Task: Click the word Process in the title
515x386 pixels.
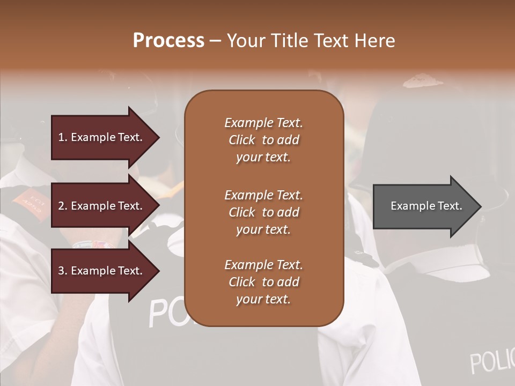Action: (168, 41)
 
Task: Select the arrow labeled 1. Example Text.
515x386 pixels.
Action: (102, 137)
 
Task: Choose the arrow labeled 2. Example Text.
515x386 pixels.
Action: (102, 206)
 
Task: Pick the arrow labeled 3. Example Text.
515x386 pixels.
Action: (102, 271)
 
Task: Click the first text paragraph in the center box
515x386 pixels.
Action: (263, 140)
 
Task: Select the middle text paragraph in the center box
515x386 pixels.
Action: (263, 212)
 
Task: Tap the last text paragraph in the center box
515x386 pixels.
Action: (263, 282)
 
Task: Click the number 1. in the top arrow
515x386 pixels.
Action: (62, 137)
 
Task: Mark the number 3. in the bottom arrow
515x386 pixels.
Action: (62, 271)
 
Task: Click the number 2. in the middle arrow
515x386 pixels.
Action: (62, 206)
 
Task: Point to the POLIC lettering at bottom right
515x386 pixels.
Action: (491, 361)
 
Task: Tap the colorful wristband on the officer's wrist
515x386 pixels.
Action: (91, 244)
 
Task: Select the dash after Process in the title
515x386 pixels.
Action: (215, 41)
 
